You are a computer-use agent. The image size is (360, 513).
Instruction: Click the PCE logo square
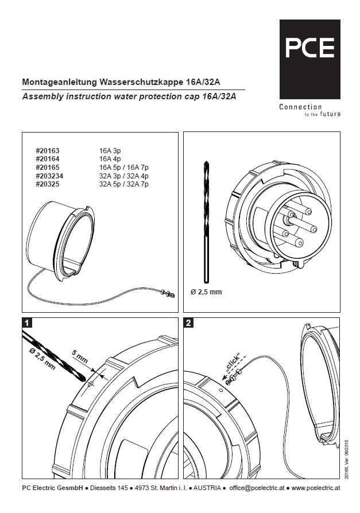point(309,59)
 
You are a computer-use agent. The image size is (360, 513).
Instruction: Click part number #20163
point(48,151)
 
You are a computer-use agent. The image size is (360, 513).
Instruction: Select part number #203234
point(49,176)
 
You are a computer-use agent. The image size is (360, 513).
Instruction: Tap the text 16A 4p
point(110,159)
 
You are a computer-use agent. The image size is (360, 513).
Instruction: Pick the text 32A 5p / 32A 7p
point(123,184)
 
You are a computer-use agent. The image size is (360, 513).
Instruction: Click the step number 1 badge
point(27,323)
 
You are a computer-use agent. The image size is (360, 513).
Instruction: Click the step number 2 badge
point(188,323)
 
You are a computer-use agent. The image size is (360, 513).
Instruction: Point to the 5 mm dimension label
point(80,357)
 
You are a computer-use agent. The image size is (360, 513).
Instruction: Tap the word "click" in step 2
point(233,363)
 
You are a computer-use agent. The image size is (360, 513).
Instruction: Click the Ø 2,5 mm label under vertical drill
point(206,292)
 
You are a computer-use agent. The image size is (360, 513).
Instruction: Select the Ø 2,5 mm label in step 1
point(42,359)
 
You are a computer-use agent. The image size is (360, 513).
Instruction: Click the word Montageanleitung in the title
point(60,82)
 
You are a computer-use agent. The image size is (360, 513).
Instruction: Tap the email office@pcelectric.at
point(257,488)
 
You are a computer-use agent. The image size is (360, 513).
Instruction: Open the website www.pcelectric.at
point(316,488)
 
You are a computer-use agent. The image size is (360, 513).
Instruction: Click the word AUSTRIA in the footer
point(207,488)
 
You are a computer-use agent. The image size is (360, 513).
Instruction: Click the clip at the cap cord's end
point(168,293)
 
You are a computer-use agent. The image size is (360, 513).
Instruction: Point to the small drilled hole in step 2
point(220,390)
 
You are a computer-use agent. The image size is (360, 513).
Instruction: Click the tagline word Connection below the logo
point(300,107)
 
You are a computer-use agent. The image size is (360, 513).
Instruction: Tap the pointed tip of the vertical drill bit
point(206,162)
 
